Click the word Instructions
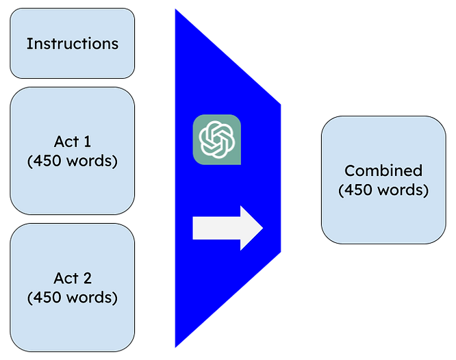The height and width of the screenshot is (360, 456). coord(72,44)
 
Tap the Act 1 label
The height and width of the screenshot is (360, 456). coord(72,142)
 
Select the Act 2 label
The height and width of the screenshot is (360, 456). coord(72,279)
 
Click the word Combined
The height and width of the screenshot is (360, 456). coord(383,170)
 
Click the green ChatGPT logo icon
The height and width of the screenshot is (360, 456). coord(217,140)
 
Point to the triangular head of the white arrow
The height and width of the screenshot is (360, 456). coord(251,227)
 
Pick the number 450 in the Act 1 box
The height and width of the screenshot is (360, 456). coord(46,162)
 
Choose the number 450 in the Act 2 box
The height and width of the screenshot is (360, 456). coord(46,298)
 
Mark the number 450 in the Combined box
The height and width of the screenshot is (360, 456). coord(357,190)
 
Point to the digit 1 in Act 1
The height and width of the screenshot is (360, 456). coord(87,142)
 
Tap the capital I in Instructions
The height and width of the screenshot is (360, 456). coord(28,44)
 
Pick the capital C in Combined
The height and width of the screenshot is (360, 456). coord(349,170)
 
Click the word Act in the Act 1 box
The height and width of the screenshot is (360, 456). coord(65,142)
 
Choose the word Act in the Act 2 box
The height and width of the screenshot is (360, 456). coord(65,279)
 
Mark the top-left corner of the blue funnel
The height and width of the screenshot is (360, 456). coord(175,8)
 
